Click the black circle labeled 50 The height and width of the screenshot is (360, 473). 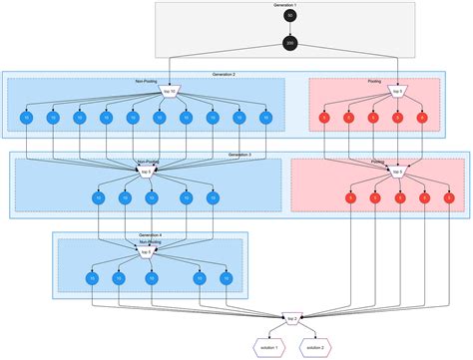(290, 17)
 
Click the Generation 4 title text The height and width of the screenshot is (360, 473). (150, 235)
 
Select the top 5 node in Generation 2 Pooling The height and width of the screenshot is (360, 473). (397, 93)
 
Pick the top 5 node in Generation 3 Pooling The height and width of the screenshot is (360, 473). (397, 172)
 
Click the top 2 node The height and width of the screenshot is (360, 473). (291, 319)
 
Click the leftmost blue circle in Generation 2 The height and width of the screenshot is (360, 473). (27, 119)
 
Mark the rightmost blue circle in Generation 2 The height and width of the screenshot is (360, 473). (264, 119)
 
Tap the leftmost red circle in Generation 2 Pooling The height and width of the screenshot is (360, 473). (322, 119)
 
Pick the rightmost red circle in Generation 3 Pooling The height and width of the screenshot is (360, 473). (449, 198)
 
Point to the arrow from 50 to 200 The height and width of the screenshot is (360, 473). (290, 31)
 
